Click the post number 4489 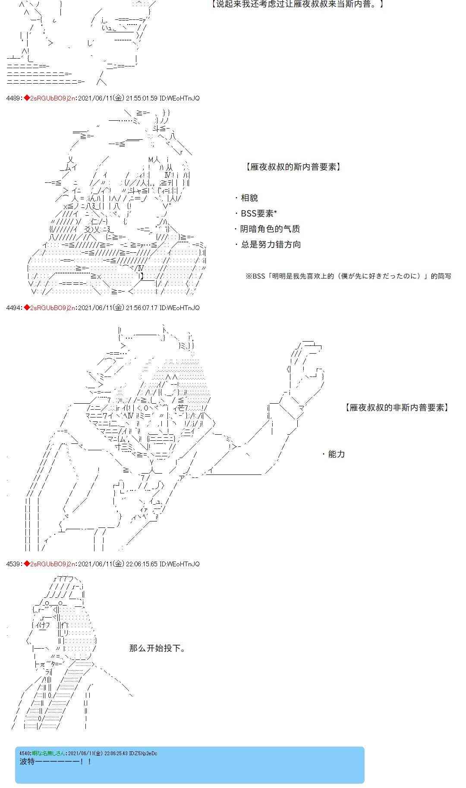point(13,98)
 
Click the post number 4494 point(13,308)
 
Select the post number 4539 point(13,564)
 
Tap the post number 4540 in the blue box point(25,753)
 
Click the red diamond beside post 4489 point(26,98)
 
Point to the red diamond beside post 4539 point(26,564)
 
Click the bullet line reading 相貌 point(246,198)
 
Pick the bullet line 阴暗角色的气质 point(267,229)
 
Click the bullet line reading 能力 point(334,454)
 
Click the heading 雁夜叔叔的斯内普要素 point(293,167)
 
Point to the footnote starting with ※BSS point(348,276)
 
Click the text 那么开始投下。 point(157,648)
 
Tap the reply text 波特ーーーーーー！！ point(56,762)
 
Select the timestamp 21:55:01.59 point(142,98)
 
